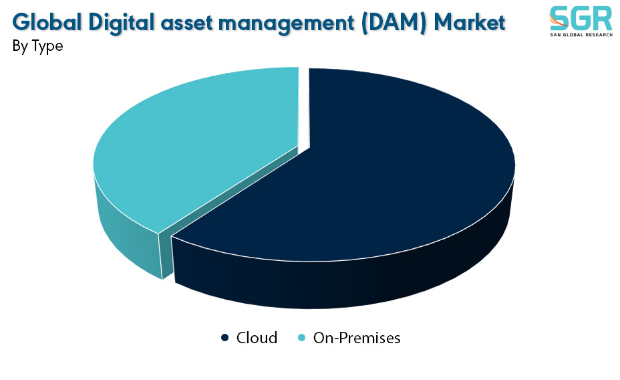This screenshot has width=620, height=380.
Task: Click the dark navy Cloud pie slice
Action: click(x=356, y=170)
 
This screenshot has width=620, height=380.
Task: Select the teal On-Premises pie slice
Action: click(x=190, y=151)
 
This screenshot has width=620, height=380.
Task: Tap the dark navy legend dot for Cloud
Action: click(x=224, y=338)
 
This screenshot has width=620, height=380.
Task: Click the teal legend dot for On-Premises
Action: click(x=302, y=338)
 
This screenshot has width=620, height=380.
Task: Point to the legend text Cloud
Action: click(x=257, y=338)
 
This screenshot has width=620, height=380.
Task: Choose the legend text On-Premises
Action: click(x=357, y=338)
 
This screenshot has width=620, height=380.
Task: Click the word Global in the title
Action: click(x=47, y=22)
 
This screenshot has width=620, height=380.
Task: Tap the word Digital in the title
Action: click(x=122, y=23)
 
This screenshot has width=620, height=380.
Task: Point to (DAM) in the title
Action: click(x=394, y=23)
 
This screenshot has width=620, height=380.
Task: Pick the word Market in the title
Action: click(x=470, y=22)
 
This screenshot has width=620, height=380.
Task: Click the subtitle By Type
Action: click(x=37, y=46)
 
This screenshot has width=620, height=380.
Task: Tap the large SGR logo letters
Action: click(x=581, y=18)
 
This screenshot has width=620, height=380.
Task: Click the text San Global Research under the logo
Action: click(x=581, y=35)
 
